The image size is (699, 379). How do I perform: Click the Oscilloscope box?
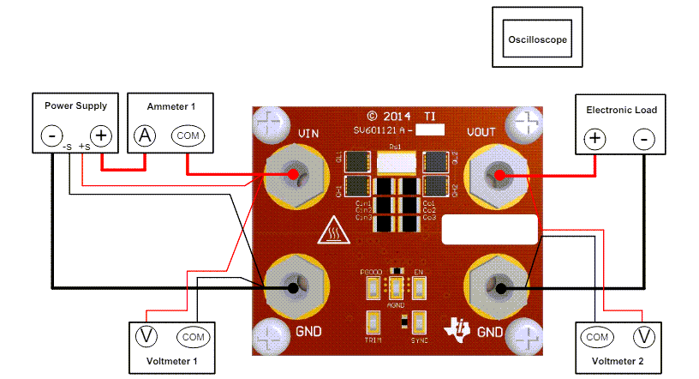coord(537,39)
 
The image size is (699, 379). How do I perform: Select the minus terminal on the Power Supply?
coord(53,135)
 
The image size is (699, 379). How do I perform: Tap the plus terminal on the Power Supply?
coord(101,135)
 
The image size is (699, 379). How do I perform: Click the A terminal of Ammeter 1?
coord(145,135)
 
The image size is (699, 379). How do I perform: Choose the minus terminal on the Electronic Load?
coord(645,138)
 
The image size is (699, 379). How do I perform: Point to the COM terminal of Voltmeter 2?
coord(597,336)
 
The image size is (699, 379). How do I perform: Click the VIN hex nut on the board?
coord(293,175)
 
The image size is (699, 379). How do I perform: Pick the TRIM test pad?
coord(373,322)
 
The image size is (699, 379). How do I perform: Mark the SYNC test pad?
coord(419,322)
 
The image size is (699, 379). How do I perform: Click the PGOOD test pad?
coord(373,282)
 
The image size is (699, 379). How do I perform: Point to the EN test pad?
coord(419,282)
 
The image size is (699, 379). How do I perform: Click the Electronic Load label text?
coord(621,110)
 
